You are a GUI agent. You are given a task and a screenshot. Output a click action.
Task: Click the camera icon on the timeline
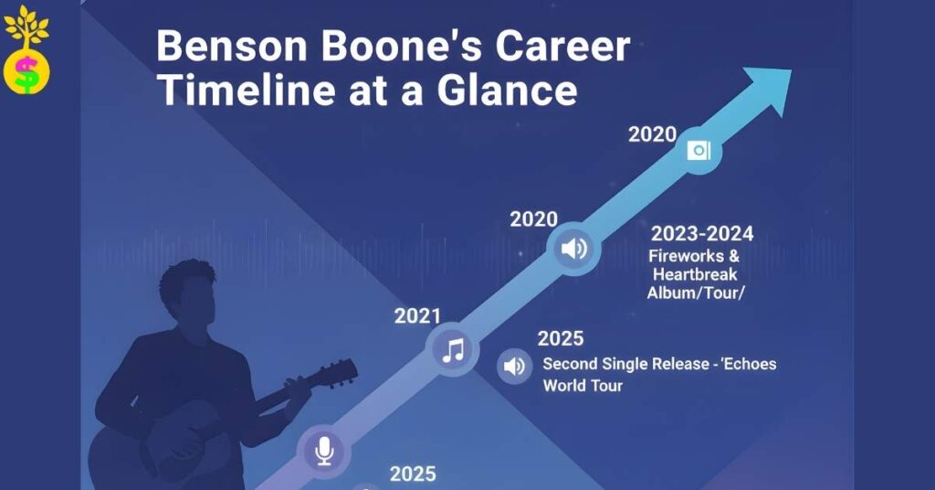(699, 151)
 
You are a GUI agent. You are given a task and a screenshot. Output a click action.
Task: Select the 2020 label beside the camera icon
(652, 134)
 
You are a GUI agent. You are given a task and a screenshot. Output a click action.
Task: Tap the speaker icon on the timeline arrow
(573, 249)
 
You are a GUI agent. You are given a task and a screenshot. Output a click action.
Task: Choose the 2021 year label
(417, 316)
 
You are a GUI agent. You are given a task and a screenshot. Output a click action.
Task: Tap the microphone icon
(323, 450)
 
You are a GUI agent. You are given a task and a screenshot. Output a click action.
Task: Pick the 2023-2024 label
(702, 234)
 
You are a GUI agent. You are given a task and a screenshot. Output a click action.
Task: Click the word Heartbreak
(693, 274)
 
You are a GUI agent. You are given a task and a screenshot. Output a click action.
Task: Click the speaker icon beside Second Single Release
(514, 367)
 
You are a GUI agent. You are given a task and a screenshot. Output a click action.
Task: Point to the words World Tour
(583, 385)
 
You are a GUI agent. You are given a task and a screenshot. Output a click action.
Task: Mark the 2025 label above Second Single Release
(560, 339)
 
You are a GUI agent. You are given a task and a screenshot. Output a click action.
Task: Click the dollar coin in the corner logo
(26, 73)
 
